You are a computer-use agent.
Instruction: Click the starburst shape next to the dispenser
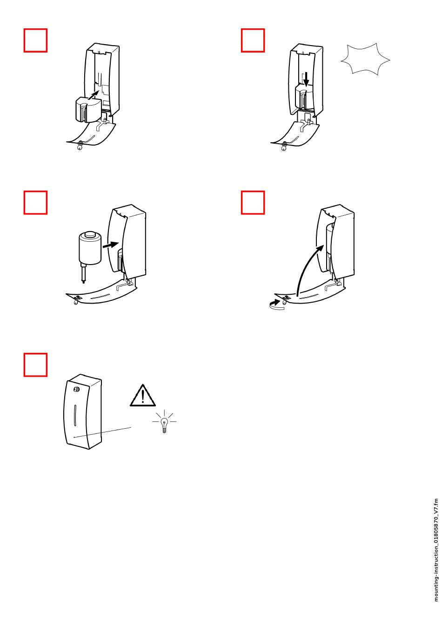[x=365, y=59]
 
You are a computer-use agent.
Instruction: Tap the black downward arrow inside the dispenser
[x=306, y=79]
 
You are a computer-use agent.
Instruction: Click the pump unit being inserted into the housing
[x=88, y=109]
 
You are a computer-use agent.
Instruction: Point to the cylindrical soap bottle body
[x=90, y=248]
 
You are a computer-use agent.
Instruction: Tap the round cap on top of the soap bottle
[x=90, y=234]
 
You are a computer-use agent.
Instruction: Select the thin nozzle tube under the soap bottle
[x=83, y=273]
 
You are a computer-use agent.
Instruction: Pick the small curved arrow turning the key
[x=276, y=304]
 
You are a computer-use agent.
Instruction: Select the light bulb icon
[x=164, y=422]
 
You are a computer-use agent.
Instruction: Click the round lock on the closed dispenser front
[x=76, y=389]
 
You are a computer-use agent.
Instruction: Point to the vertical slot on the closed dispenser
[x=75, y=415]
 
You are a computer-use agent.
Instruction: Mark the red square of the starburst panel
[x=253, y=40]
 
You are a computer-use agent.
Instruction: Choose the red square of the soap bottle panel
[x=35, y=202]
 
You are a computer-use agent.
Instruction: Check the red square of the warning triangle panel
[x=35, y=365]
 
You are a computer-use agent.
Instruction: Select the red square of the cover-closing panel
[x=253, y=202]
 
